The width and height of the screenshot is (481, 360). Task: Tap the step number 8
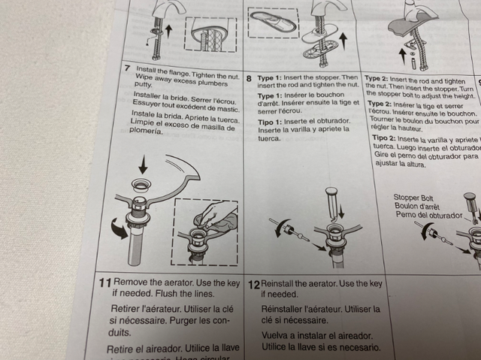[x=249, y=77]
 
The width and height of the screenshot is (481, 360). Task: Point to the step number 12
[x=253, y=285]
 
